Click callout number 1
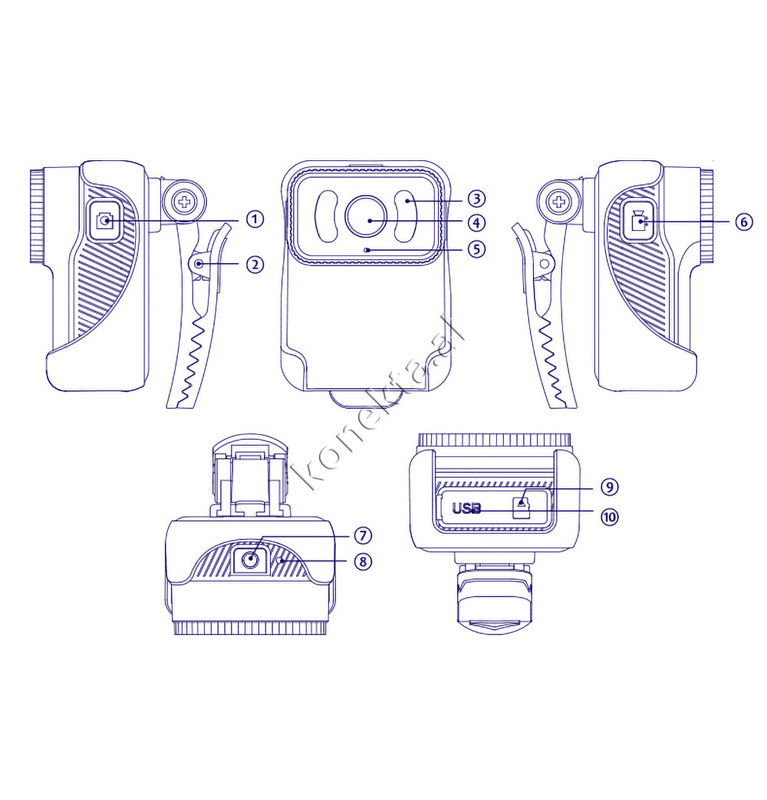tap(255, 220)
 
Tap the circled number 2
tap(255, 265)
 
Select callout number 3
tap(476, 199)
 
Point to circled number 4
tap(476, 223)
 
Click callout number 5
tap(476, 249)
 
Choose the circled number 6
tap(744, 222)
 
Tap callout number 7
tap(363, 535)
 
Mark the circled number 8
tap(363, 561)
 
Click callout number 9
tap(609, 487)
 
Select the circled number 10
tap(609, 517)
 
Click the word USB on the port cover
tap(466, 509)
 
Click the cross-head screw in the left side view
tap(184, 202)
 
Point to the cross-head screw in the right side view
tap(560, 202)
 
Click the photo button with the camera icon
tap(104, 221)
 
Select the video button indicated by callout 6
tap(638, 221)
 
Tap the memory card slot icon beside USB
tap(521, 509)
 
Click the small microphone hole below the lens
tap(367, 250)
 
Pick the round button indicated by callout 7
tap(249, 560)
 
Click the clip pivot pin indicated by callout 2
tap(198, 264)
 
